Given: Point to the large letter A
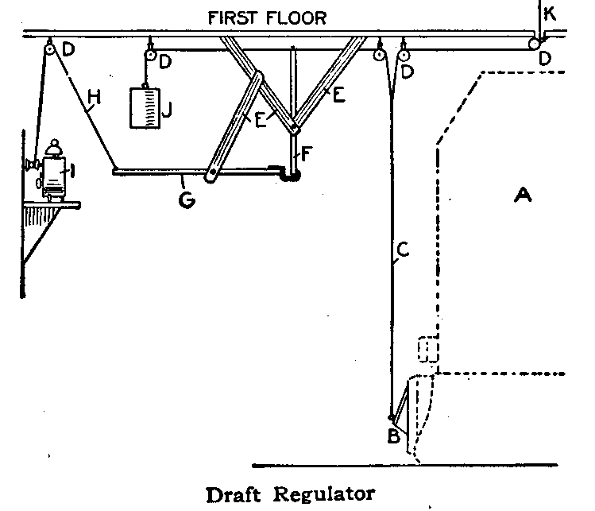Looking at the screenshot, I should pos(522,193).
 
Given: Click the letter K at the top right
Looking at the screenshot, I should pos(551,13).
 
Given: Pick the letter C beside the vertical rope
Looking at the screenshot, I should pos(402,250).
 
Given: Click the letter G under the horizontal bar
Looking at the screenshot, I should pos(186,199).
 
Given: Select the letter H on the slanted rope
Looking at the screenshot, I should pos(94,99).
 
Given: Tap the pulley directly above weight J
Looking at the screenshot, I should pos(148,56).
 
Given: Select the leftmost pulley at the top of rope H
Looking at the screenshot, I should pos(50,50).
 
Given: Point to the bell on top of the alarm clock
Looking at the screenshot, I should pos(54,149).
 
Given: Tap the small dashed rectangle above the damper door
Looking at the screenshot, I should pos(428,350).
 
